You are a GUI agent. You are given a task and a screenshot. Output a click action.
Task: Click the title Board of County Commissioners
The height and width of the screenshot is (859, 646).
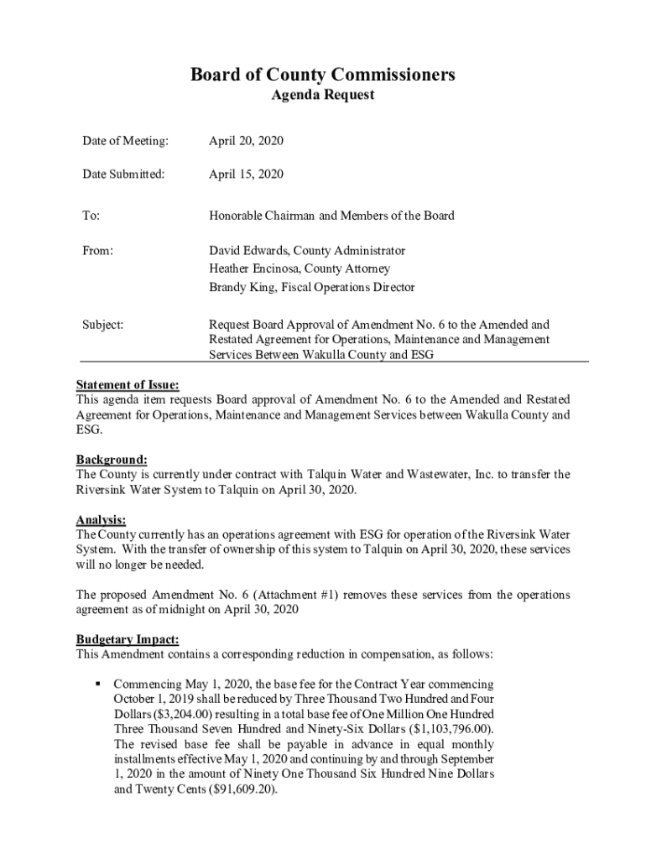click(x=322, y=75)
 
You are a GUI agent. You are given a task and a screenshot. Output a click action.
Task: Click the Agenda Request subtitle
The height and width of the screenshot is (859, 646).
click(x=323, y=96)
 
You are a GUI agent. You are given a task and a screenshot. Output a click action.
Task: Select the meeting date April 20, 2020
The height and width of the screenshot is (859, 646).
click(x=246, y=141)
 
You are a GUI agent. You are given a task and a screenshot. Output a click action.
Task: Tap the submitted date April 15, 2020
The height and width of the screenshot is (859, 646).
click(x=246, y=174)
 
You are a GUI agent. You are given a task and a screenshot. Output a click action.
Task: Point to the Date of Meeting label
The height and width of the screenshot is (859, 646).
click(x=125, y=141)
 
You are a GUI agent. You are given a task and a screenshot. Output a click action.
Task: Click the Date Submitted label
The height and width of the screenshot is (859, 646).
click(x=123, y=174)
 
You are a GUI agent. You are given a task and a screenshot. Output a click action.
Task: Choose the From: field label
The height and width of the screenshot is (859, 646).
click(x=97, y=251)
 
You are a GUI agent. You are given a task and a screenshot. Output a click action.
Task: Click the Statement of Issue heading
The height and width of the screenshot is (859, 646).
click(x=128, y=385)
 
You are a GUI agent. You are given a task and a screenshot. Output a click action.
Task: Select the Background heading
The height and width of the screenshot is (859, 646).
click(x=112, y=460)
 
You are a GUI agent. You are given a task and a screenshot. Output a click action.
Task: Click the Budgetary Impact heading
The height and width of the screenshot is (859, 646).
click(x=128, y=640)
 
